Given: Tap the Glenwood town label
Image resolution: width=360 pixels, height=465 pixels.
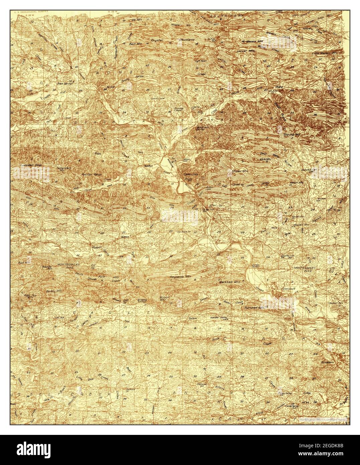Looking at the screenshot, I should point(287,288).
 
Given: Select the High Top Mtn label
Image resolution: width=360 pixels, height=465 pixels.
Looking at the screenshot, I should point(30,296).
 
